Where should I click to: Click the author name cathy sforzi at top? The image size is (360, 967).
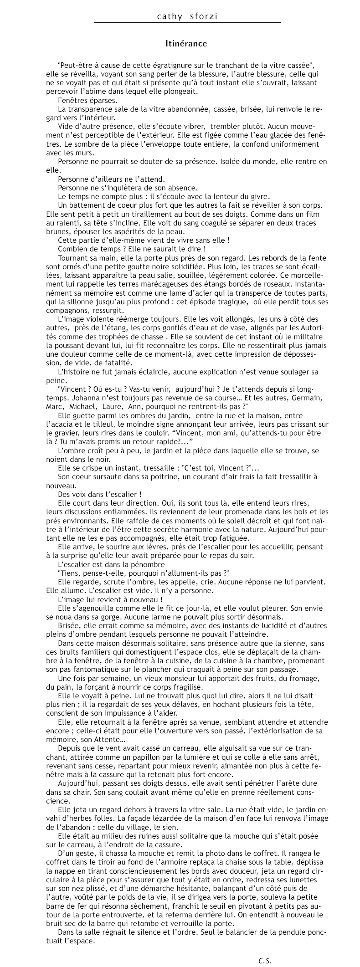click(x=187, y=17)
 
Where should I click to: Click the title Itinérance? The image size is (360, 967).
click(x=186, y=44)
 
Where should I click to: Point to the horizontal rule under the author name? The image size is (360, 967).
click(x=187, y=23)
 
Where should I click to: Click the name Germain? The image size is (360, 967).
click(x=307, y=398)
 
